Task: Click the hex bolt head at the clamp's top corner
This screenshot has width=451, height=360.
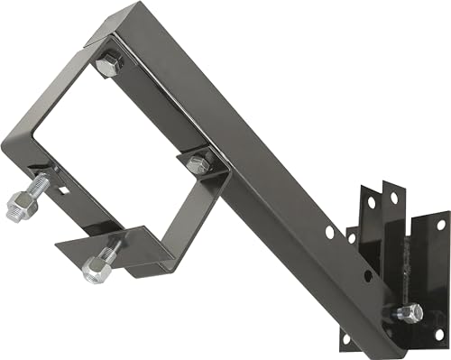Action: (x=107, y=64)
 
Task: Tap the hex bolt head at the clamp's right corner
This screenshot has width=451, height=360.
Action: (x=199, y=162)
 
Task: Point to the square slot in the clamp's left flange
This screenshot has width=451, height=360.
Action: (x=64, y=190)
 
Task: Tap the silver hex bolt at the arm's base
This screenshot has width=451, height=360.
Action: (x=409, y=313)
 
